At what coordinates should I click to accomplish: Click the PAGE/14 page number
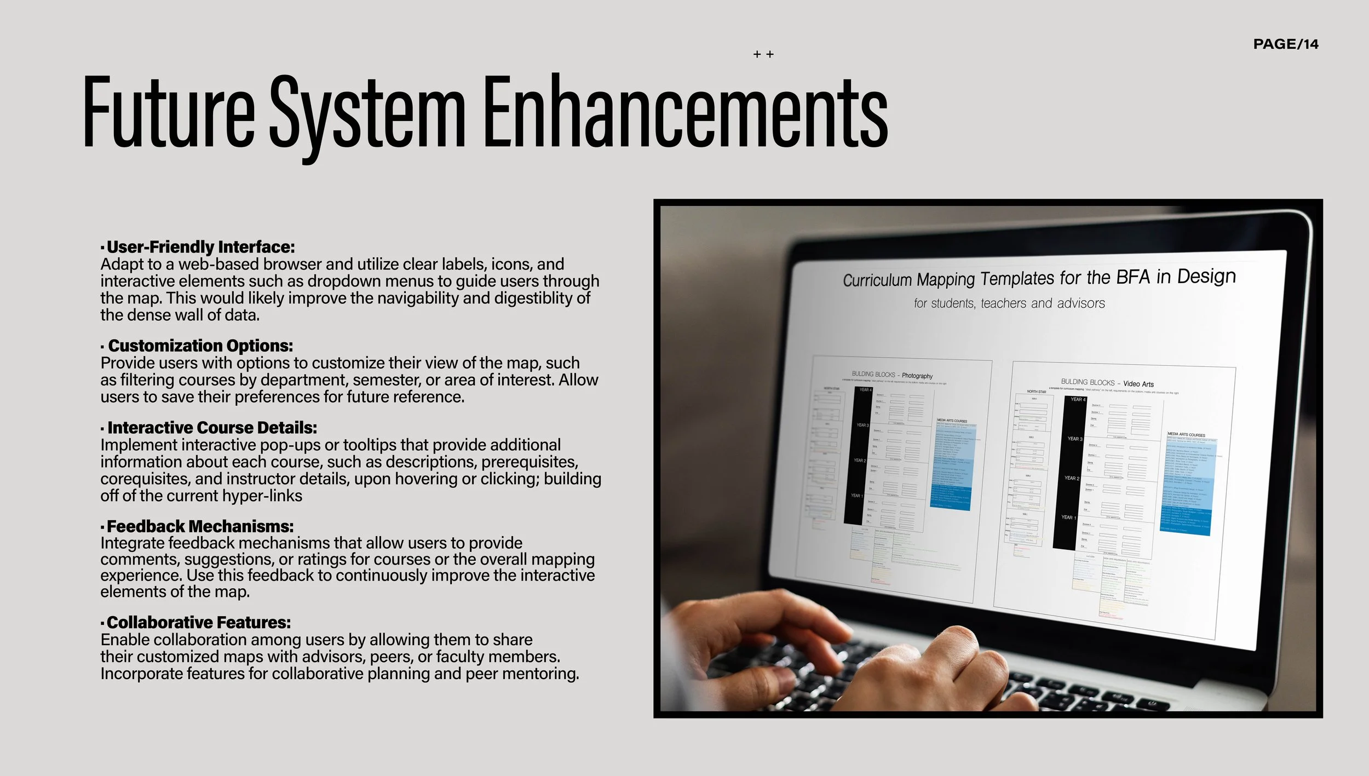pyautogui.click(x=1285, y=44)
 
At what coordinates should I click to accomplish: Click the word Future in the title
pyautogui.click(x=169, y=112)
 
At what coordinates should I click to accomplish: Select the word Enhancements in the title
pyautogui.click(x=685, y=112)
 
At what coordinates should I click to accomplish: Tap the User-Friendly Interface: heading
pyautogui.click(x=200, y=247)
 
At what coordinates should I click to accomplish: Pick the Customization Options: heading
pyautogui.click(x=200, y=346)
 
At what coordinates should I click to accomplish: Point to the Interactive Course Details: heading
pyautogui.click(x=212, y=428)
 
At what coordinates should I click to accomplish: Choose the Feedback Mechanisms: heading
pyautogui.click(x=200, y=526)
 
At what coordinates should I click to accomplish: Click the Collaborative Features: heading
pyautogui.click(x=198, y=623)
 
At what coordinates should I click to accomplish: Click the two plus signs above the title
pyautogui.click(x=763, y=54)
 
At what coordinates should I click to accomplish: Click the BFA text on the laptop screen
pyautogui.click(x=1133, y=278)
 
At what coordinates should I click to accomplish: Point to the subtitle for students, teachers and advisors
pyautogui.click(x=1009, y=303)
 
